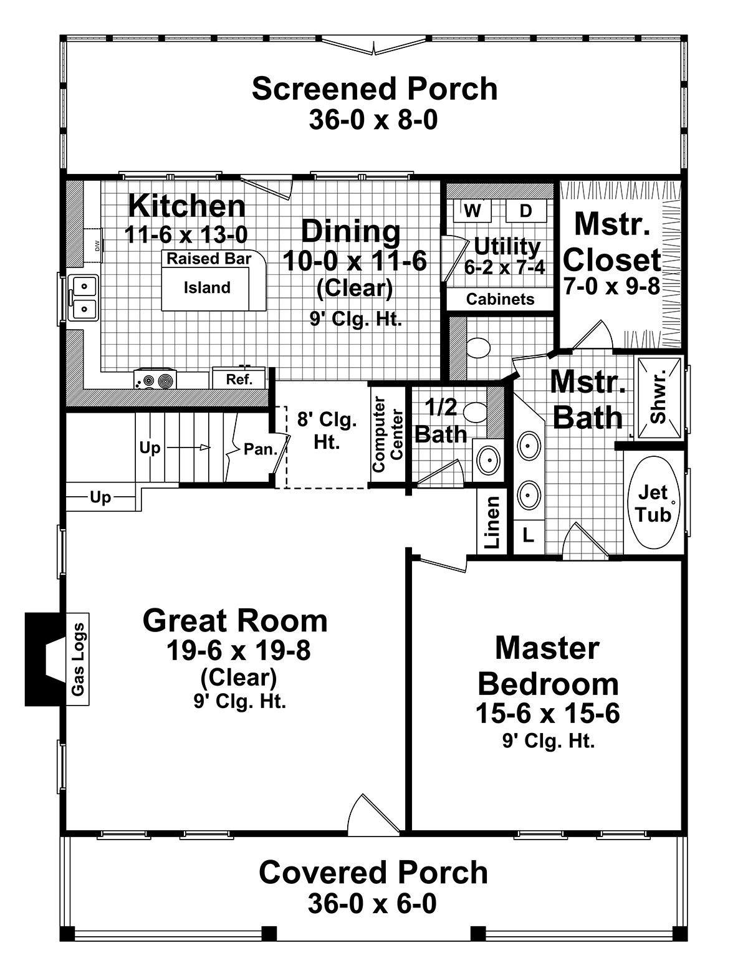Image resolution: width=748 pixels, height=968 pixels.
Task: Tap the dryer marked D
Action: (526, 210)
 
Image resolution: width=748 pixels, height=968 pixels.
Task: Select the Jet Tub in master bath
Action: (653, 504)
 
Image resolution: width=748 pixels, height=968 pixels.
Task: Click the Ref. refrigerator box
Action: (239, 379)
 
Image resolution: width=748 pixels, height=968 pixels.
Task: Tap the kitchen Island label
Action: (207, 288)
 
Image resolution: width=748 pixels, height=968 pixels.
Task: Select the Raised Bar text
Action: (209, 258)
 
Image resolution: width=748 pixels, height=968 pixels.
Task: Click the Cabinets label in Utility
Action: (500, 299)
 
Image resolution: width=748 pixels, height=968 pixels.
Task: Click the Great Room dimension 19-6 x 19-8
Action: (238, 651)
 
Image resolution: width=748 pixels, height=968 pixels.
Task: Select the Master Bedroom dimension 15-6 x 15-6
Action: (547, 713)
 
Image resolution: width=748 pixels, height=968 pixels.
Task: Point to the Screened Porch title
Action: (375, 89)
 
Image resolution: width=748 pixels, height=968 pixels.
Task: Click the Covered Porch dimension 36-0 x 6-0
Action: (372, 903)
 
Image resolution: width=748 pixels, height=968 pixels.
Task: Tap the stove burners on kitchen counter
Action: (156, 379)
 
